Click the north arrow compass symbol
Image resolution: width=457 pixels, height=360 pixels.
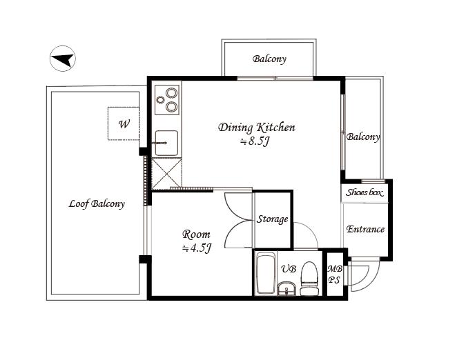[x=63, y=59]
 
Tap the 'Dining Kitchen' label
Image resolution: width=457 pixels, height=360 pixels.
[x=257, y=128]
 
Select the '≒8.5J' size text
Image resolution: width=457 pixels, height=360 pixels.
[x=255, y=141]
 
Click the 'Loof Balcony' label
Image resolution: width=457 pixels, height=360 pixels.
[x=97, y=203]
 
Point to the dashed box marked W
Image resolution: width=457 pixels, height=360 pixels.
[x=124, y=123]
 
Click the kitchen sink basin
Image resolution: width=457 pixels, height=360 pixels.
[x=166, y=143]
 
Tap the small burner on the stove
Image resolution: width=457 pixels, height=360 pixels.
[x=160, y=100]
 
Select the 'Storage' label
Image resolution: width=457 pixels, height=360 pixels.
[x=272, y=219]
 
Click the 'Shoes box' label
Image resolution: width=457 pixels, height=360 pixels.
[x=364, y=192]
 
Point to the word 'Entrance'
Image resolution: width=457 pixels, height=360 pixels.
[x=365, y=229]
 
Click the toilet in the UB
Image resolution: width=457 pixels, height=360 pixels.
[x=309, y=279]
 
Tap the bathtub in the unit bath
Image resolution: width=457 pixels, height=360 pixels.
[x=266, y=274]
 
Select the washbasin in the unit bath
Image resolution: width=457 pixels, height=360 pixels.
[x=286, y=289]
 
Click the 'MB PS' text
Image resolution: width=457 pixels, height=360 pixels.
[x=335, y=274]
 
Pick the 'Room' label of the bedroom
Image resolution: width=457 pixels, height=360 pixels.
[x=196, y=234]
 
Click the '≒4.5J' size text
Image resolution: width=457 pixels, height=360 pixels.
[x=196, y=248]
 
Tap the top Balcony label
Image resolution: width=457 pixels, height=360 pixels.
[x=269, y=59]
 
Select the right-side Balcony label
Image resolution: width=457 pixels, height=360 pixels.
[x=363, y=137]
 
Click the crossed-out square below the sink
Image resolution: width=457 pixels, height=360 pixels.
[x=166, y=174]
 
